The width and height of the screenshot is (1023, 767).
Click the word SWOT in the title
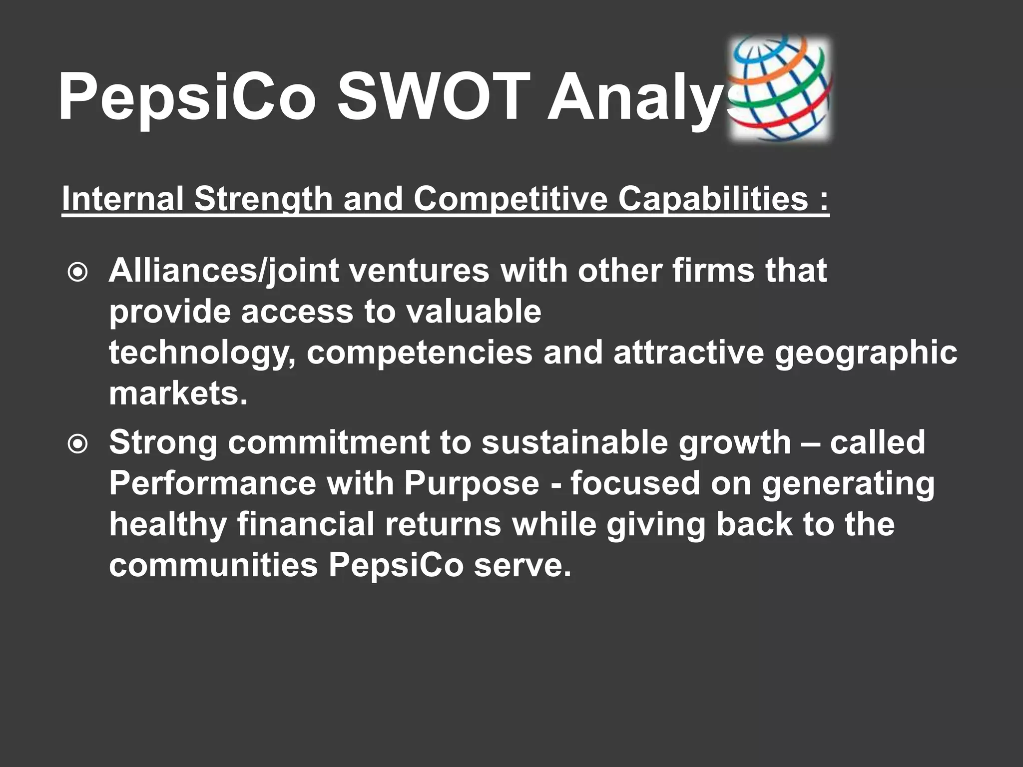click(433, 96)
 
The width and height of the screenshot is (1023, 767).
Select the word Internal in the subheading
click(122, 199)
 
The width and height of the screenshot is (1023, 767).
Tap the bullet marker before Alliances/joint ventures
click(78, 273)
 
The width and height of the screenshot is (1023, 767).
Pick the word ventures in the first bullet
click(419, 271)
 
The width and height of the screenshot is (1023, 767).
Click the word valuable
click(473, 312)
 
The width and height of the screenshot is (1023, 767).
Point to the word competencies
click(420, 353)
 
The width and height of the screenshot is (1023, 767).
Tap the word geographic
click(866, 353)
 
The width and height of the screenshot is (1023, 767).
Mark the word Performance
click(212, 483)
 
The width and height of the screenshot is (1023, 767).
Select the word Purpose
click(472, 483)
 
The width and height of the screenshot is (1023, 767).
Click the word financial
click(305, 524)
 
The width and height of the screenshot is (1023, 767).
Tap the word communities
click(213, 565)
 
